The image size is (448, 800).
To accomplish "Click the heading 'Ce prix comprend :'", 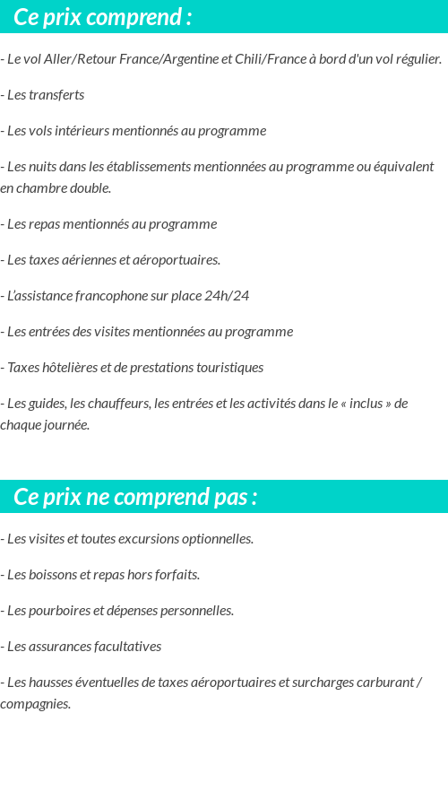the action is click(x=103, y=17).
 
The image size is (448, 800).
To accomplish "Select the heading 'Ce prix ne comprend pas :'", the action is click(x=135, y=497).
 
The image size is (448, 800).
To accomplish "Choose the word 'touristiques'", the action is click(x=227, y=368).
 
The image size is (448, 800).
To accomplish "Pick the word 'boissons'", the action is click(x=55, y=575).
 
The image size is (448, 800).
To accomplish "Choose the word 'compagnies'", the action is click(x=34, y=704).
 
